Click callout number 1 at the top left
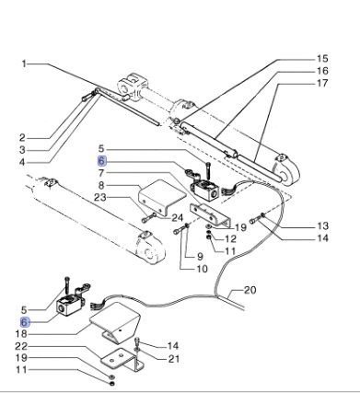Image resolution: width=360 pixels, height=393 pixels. [27, 64]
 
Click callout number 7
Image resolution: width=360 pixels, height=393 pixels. [103, 171]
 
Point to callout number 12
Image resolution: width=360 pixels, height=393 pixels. [218, 238]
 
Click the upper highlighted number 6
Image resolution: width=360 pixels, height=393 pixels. [103, 159]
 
